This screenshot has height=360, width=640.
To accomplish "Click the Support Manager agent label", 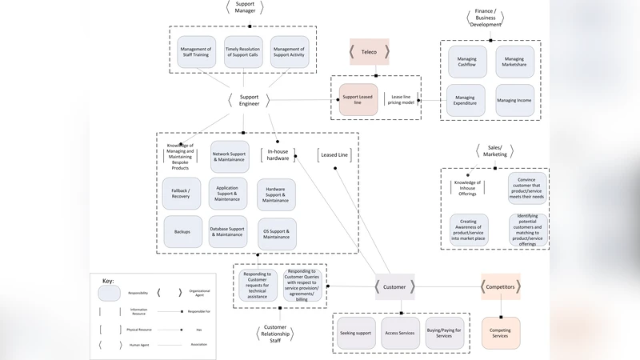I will [x=245, y=8].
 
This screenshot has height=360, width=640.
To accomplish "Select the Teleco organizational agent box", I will [x=369, y=52].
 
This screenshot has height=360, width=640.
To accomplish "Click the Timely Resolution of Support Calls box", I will [x=242, y=52].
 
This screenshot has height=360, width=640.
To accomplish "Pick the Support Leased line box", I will [x=358, y=99].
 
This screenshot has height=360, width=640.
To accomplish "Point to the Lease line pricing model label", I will [x=400, y=99].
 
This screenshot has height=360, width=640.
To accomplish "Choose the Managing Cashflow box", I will [x=466, y=62].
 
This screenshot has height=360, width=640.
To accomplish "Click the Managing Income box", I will [x=514, y=101].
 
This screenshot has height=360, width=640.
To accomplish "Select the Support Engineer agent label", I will [x=249, y=100].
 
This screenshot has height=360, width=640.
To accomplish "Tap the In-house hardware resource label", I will [x=278, y=154].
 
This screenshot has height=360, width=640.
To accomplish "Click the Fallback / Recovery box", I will [x=181, y=193].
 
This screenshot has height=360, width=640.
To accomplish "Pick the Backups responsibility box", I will [x=182, y=232].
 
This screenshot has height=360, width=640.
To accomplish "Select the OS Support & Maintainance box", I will [x=276, y=234].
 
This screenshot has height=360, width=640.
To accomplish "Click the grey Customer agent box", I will [x=394, y=286].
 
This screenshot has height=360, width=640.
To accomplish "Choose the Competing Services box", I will [x=500, y=332].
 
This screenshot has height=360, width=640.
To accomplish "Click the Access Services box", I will [x=398, y=333].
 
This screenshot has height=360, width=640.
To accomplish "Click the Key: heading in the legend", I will [x=108, y=281].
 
